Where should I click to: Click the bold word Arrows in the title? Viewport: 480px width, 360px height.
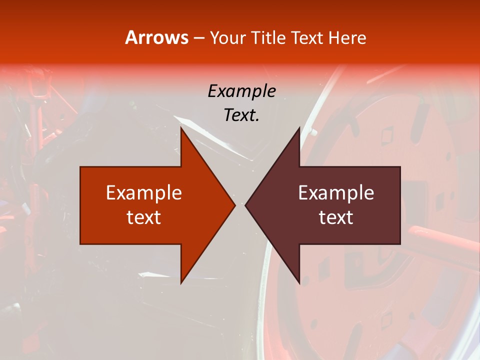click(x=156, y=37)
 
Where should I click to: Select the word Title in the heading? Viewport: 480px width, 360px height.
click(x=269, y=37)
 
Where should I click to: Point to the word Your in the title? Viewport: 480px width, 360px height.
click(x=227, y=37)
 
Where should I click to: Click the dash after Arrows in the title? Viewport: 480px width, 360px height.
click(x=199, y=38)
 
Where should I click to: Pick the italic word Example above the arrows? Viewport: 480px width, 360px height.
click(x=241, y=91)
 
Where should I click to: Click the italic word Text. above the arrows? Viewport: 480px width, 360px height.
click(x=241, y=115)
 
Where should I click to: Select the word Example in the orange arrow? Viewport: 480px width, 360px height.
click(x=144, y=192)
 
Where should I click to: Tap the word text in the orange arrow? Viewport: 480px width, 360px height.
click(x=144, y=217)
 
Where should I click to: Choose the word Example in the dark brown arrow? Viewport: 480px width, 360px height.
click(x=336, y=192)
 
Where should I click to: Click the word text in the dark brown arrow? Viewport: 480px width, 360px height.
click(x=336, y=217)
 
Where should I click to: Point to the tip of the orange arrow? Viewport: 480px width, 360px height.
click(x=235, y=205)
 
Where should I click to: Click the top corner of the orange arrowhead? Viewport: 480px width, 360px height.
click(x=181, y=127)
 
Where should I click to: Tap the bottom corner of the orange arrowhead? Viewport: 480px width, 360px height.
click(x=181, y=283)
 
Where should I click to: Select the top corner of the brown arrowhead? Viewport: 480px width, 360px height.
click(x=299, y=127)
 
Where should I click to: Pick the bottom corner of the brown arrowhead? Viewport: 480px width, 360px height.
click(x=299, y=283)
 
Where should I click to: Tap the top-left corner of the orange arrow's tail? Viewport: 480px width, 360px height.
click(x=80, y=167)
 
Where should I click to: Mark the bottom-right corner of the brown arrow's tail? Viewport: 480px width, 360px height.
click(x=400, y=244)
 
